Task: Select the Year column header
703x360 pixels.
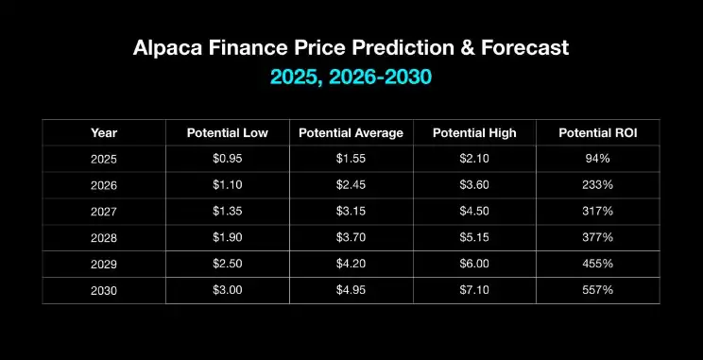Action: point(104,132)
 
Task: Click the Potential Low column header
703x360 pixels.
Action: point(228,132)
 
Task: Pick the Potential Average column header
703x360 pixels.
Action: point(351,132)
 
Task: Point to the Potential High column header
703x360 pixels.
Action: point(474,132)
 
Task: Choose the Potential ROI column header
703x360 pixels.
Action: point(598,132)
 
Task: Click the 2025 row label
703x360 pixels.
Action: point(104,159)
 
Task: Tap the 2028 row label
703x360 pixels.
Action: point(104,240)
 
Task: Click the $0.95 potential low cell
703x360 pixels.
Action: point(228,159)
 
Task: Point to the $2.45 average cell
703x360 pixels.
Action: point(351,186)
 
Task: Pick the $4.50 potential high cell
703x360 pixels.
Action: point(474,213)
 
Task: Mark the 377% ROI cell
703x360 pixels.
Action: point(598,240)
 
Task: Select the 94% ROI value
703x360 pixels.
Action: point(598,159)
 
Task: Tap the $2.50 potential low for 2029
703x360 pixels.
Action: point(228,266)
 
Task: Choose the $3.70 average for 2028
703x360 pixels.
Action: point(351,240)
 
